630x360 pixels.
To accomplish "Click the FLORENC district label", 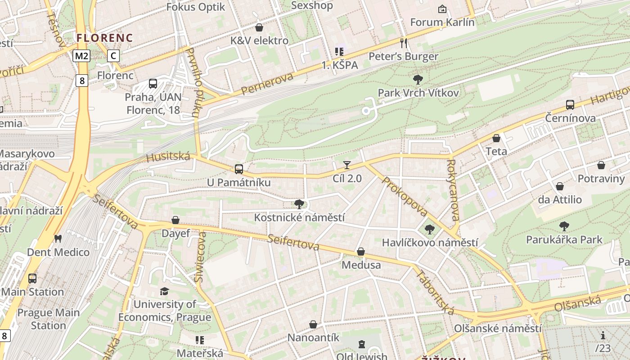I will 104,38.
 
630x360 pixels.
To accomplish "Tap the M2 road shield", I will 82,56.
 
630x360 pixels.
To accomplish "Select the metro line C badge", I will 113,56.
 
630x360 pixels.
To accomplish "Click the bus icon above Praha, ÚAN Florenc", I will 153,83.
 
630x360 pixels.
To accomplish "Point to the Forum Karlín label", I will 442,22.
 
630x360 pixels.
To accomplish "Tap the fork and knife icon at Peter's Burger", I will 404,43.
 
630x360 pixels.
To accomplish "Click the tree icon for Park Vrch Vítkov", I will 418,80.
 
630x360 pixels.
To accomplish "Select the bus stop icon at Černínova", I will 570,105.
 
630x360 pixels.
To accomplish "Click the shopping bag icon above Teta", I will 496,138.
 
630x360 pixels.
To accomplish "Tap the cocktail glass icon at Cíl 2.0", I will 347,165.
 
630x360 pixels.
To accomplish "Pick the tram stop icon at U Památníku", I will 238,169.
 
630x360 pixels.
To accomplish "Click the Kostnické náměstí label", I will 299,217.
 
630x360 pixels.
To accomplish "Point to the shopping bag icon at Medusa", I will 361,252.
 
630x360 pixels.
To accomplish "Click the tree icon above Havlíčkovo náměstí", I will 430,229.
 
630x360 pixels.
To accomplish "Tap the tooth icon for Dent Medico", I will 58,238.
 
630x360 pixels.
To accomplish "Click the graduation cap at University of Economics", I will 164,291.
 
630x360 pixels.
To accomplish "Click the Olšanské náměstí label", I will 497,328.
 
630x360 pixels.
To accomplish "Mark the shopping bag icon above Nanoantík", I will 313,324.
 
